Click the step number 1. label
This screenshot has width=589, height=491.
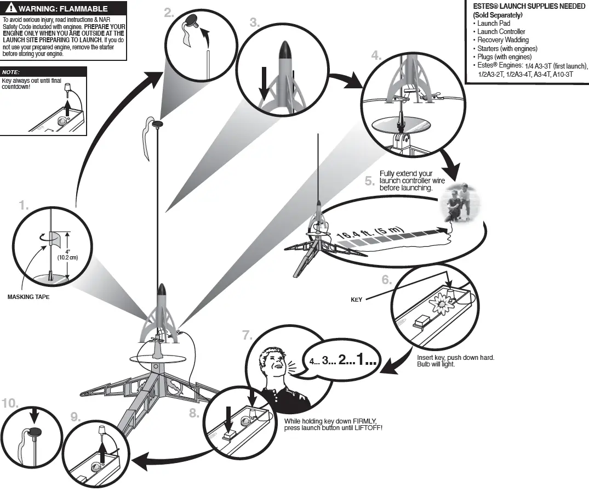tap(24, 206)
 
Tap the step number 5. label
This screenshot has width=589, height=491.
tap(370, 182)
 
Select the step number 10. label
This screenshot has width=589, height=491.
tap(9, 403)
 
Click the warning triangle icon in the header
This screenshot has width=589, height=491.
tap(11, 9)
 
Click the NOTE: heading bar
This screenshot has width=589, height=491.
tap(44, 72)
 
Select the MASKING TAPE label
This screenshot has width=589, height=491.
tap(28, 297)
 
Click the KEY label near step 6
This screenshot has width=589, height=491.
tap(357, 300)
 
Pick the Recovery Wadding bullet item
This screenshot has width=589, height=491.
tap(502, 40)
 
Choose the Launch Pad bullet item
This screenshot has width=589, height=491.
tap(493, 24)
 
